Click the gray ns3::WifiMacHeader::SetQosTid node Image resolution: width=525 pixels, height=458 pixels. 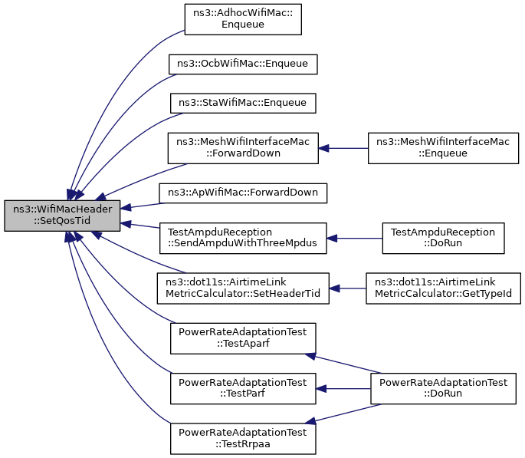click(x=62, y=216)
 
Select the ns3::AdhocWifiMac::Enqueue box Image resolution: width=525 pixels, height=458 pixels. click(x=243, y=19)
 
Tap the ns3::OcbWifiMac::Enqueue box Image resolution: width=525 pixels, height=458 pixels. click(x=243, y=64)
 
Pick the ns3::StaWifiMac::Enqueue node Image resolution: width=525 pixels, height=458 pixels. click(x=243, y=104)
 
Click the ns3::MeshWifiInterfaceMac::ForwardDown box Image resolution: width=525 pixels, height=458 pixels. click(x=243, y=148)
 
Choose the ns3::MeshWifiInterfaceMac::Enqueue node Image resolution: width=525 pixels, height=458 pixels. click(x=443, y=148)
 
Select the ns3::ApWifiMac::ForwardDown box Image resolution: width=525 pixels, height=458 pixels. click(x=243, y=193)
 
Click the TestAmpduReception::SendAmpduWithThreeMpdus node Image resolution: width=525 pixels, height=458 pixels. click(x=243, y=239)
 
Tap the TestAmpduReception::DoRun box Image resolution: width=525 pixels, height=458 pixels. click(x=443, y=239)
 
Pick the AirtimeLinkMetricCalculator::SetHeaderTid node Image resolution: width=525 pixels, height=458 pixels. click(x=243, y=288)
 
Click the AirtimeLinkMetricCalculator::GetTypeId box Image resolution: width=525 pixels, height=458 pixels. click(x=443, y=288)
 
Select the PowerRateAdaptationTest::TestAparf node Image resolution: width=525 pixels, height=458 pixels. click(x=243, y=338)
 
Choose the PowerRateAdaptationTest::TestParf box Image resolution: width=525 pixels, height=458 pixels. click(x=243, y=389)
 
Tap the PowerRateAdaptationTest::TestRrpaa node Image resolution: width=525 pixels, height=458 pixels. click(x=243, y=439)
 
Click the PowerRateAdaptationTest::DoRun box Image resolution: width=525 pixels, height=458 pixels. click(x=443, y=389)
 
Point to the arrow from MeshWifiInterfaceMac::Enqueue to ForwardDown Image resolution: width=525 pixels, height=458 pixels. click(x=343, y=148)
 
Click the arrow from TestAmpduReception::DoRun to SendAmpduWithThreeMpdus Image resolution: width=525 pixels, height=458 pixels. click(x=355, y=239)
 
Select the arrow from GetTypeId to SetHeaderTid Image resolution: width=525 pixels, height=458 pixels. click(x=347, y=288)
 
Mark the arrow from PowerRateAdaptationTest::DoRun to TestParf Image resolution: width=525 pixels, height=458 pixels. click(x=343, y=389)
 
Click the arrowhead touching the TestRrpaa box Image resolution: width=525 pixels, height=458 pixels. click(x=310, y=421)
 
